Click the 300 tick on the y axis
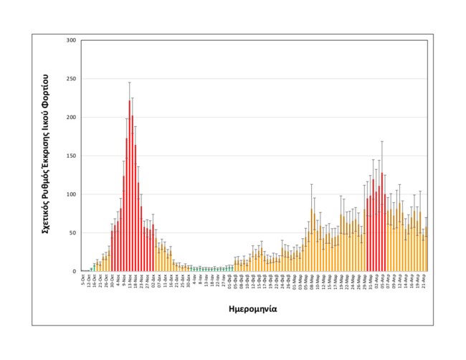[70, 40]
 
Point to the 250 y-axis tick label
[70, 79]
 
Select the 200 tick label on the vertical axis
[70, 118]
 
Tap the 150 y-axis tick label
[70, 156]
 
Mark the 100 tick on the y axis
[70, 194]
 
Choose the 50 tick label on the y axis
[72, 233]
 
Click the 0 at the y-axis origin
[74, 272]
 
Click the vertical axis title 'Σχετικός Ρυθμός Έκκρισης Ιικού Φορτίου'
[44, 155]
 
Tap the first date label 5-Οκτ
[83, 280]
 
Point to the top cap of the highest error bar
[130, 82]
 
